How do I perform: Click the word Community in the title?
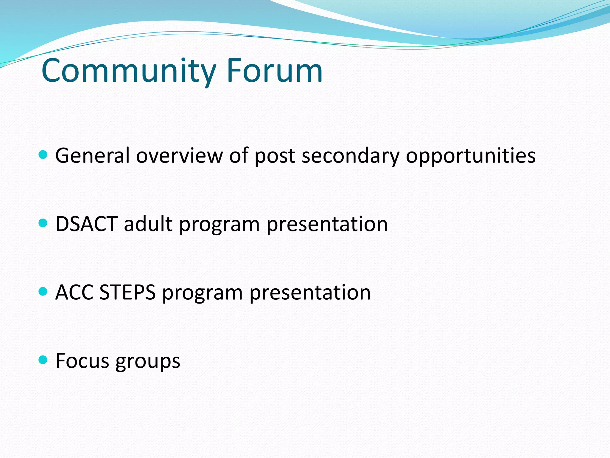128,71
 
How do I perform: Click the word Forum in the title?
274,71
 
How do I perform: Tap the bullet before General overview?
43,155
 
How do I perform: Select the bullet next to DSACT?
43,223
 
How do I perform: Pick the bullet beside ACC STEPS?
43,291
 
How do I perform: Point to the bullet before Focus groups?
43,360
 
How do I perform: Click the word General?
92,156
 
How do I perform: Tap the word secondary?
350,156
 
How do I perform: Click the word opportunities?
471,156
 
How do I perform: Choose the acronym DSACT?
87,224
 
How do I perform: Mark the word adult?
148,224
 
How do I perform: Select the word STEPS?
127,292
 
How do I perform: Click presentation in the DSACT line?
327,224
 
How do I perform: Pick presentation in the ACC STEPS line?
310,292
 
